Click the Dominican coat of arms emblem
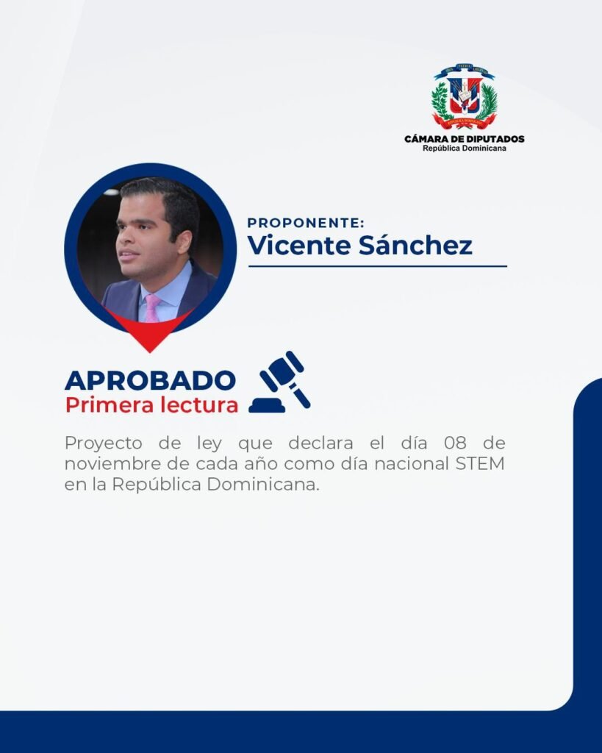464,96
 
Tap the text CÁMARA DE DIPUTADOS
465,139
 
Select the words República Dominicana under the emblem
465,149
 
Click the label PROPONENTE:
306,223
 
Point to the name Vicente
299,245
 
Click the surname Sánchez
416,245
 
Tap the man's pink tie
153,308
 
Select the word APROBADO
150,380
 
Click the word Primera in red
109,405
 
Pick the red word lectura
199,405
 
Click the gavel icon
280,382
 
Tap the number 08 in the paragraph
455,442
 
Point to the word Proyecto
103,443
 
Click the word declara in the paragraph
320,442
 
